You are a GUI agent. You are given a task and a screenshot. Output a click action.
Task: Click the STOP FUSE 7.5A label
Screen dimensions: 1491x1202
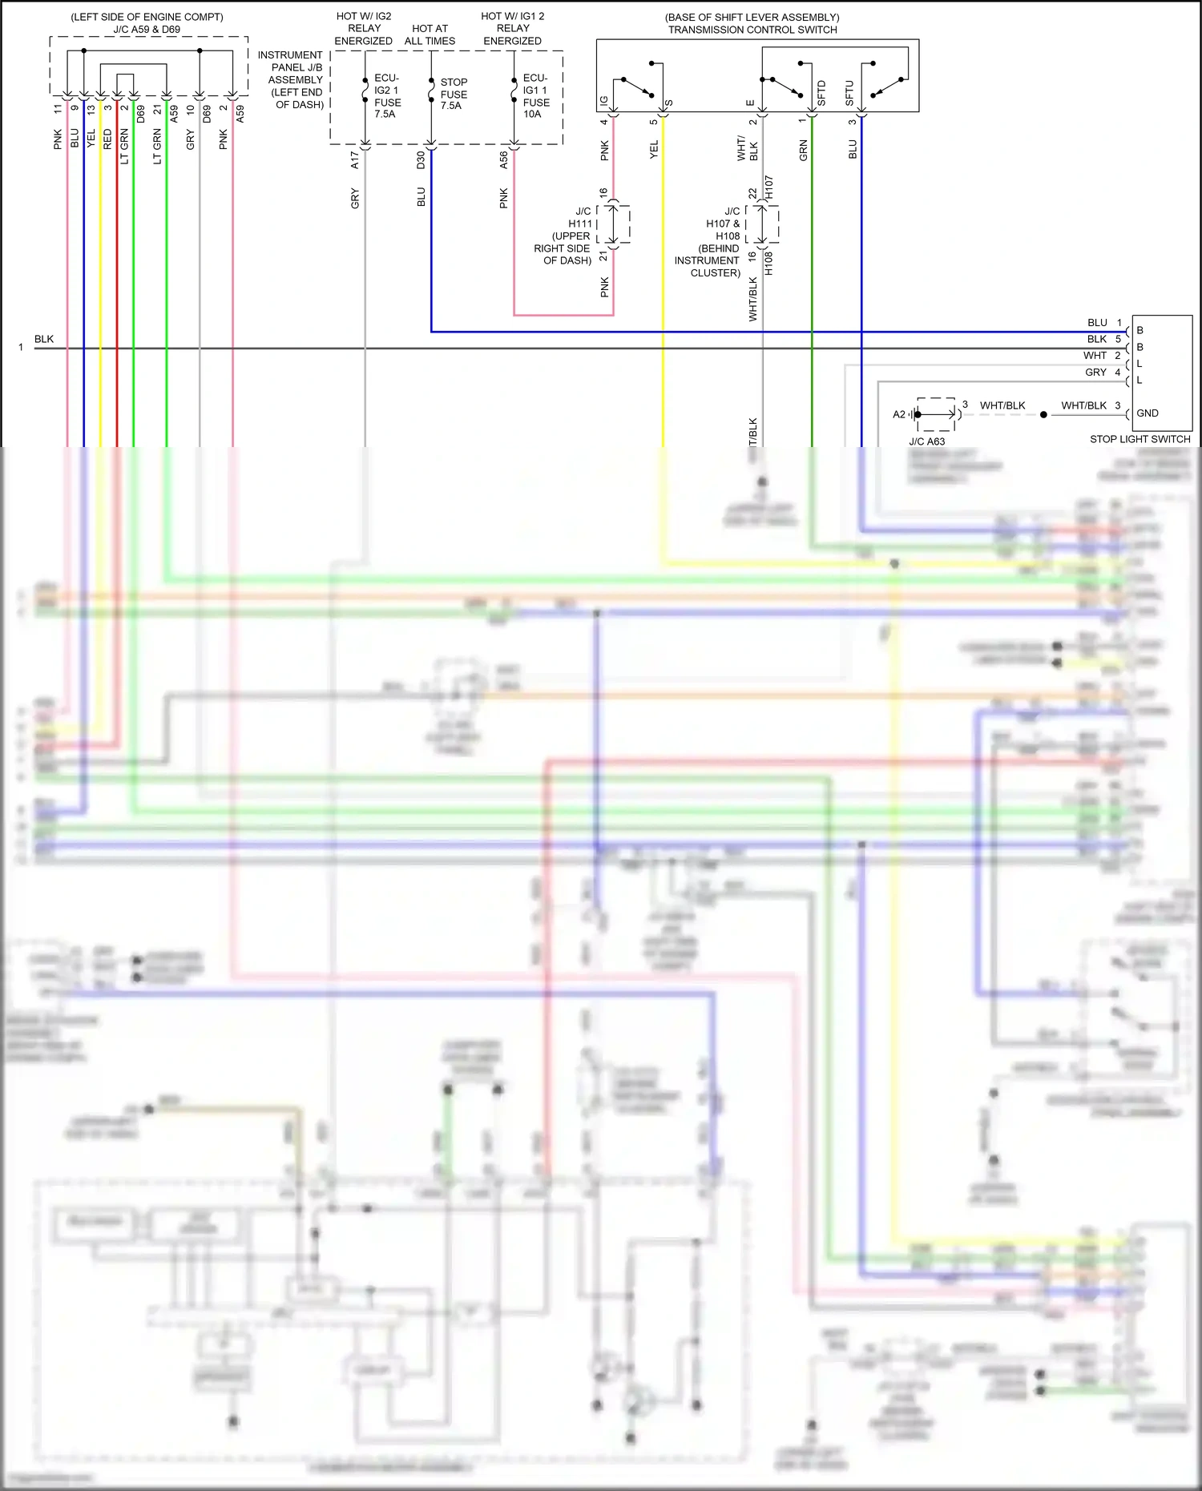click(453, 94)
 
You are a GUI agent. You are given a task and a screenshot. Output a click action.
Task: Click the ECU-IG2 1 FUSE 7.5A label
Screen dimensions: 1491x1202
click(387, 96)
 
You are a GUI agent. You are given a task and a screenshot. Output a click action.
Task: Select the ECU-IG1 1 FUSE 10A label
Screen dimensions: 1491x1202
click(535, 96)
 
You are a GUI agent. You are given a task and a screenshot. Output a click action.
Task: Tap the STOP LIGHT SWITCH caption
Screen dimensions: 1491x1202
click(1139, 439)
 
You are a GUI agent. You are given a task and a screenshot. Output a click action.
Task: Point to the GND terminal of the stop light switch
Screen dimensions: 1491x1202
click(1147, 413)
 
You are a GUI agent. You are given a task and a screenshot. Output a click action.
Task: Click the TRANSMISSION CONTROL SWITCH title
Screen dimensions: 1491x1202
click(752, 30)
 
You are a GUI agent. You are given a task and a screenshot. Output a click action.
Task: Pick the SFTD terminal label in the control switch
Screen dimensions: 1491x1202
click(821, 93)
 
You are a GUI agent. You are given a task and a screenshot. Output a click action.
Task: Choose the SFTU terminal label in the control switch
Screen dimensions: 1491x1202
click(849, 93)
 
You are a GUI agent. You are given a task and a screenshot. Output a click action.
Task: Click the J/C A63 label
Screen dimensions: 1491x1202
click(926, 441)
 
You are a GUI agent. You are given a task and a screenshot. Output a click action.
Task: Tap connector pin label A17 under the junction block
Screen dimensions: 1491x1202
click(355, 160)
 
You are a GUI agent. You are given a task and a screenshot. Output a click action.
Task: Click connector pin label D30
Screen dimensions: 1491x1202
click(421, 160)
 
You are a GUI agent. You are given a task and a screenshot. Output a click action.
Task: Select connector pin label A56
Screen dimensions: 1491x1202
click(503, 160)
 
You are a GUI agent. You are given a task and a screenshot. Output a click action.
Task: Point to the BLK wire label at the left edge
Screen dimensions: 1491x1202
click(44, 339)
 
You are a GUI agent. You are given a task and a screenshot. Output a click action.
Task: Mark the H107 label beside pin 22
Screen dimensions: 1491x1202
click(768, 188)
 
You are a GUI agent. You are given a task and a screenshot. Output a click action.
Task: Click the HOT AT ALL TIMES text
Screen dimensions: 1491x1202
click(430, 34)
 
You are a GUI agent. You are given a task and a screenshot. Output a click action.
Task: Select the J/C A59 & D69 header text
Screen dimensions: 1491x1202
click(147, 30)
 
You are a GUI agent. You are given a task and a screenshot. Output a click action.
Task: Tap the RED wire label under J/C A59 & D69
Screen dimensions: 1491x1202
click(107, 139)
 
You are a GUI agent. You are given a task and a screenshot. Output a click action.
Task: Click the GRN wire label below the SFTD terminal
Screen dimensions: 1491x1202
click(803, 150)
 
